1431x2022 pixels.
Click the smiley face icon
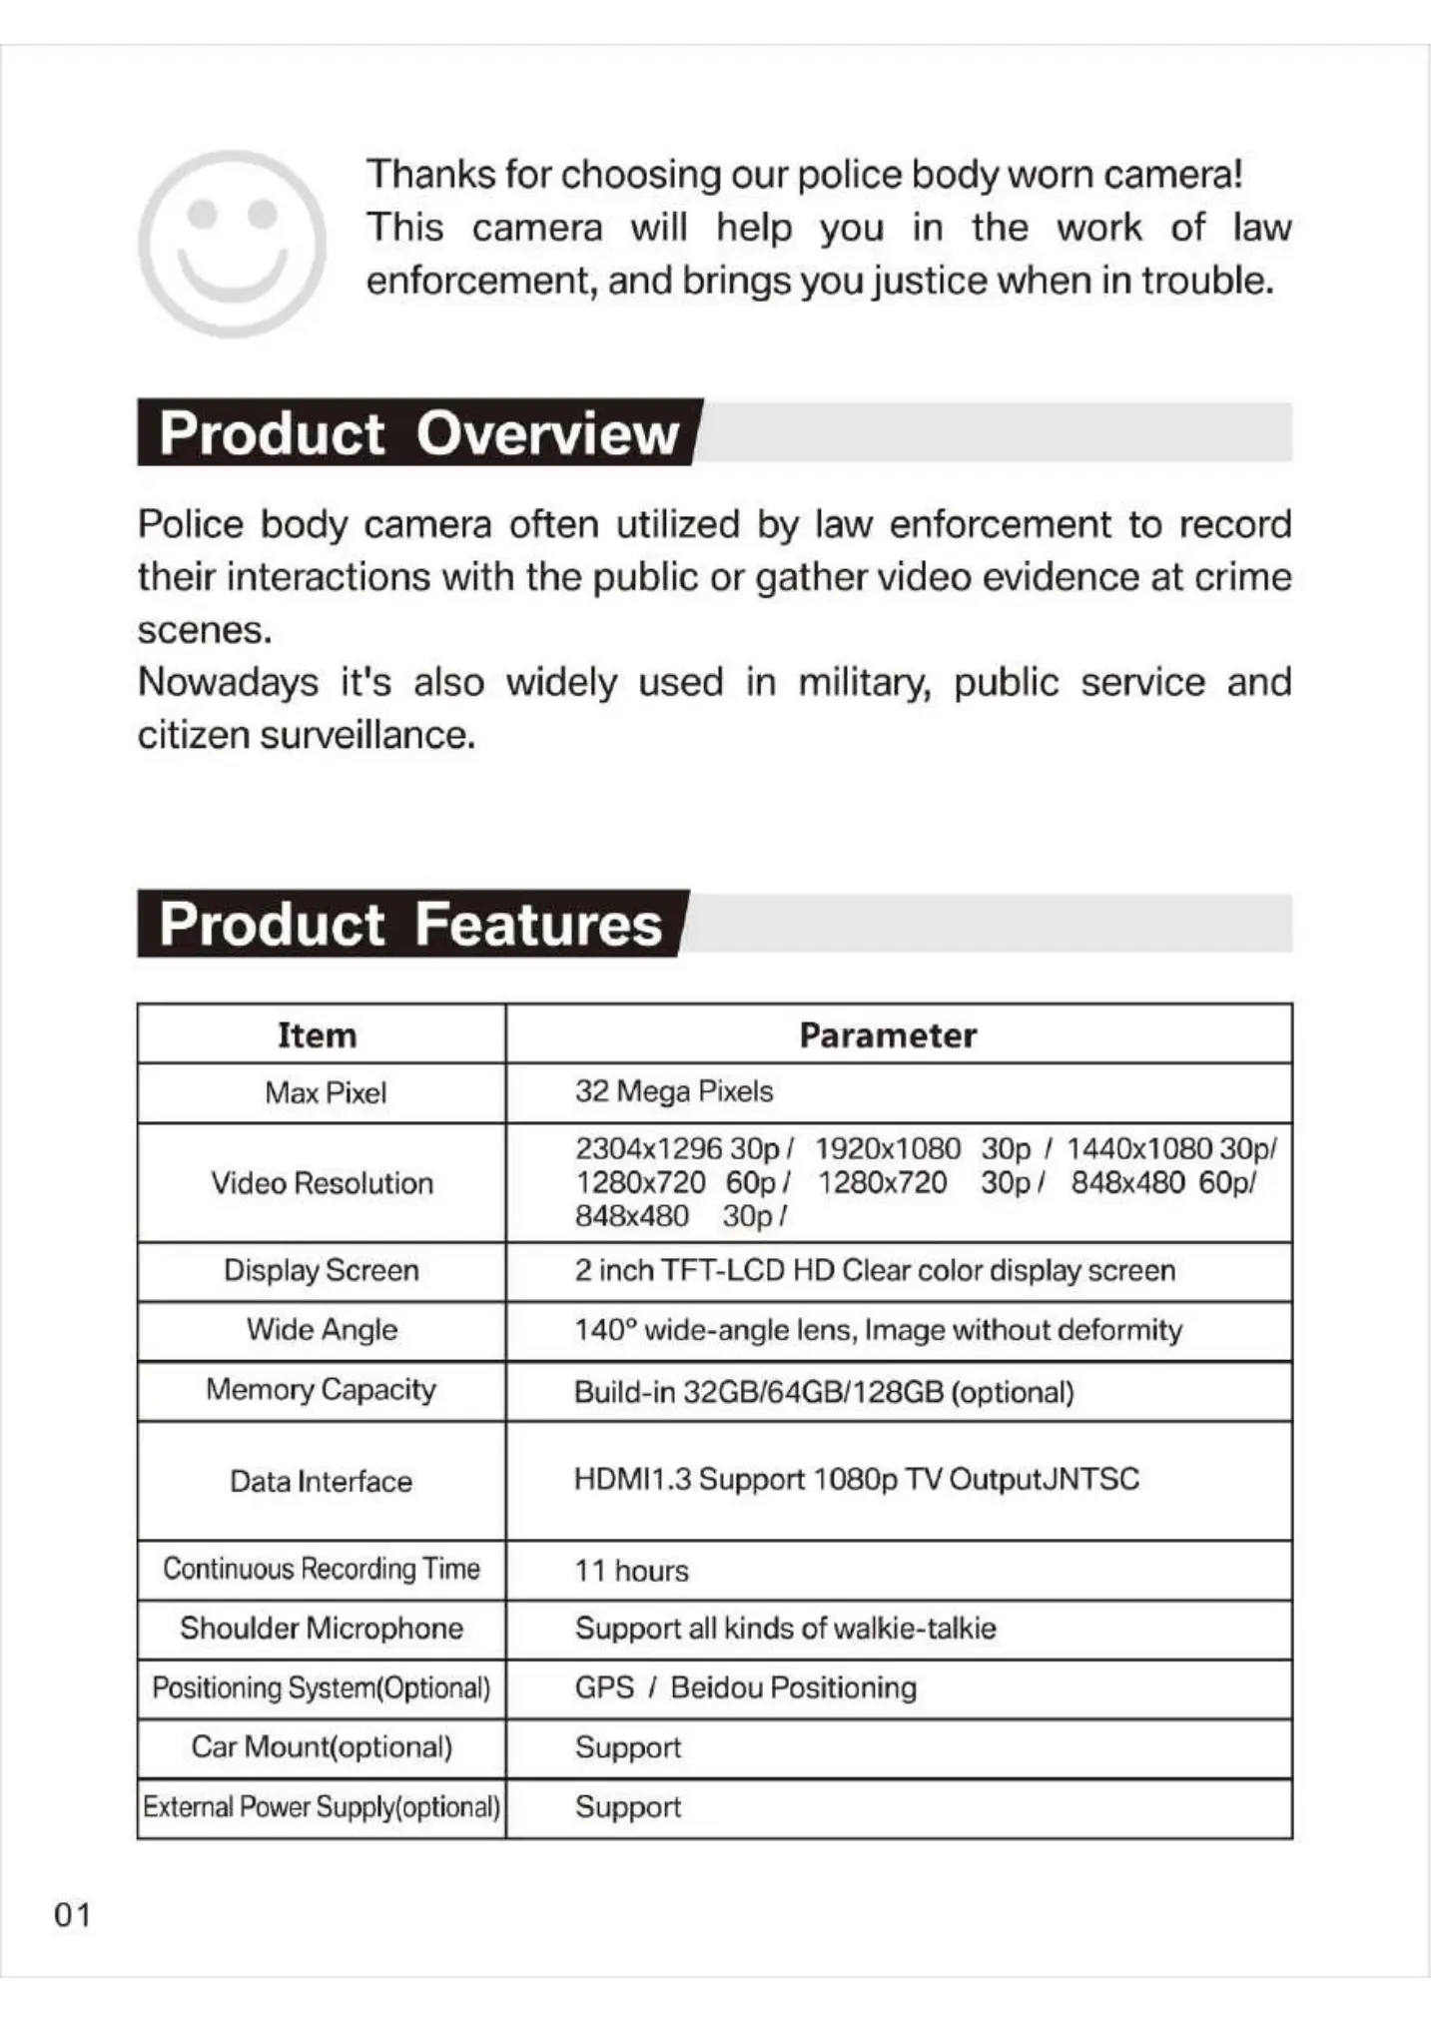pos(232,243)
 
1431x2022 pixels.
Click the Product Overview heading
pos(418,432)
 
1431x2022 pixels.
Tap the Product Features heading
pos(410,923)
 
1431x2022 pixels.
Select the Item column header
pos(318,1034)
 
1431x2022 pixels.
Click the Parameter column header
pos(888,1034)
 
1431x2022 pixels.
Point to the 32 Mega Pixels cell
pos(673,1091)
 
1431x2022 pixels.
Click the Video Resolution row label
pos(322,1183)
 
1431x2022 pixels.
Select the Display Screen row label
pos(322,1270)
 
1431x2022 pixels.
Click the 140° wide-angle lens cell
pos(878,1330)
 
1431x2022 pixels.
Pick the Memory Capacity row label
pos(322,1390)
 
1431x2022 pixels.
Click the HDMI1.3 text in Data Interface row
pos(632,1479)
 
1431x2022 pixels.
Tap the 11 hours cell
pos(631,1571)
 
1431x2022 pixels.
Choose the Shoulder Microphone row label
pos(322,1629)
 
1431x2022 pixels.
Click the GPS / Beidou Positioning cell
pos(745,1687)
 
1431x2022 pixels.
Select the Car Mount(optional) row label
pos(322,1747)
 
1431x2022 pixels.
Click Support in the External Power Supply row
pos(628,1807)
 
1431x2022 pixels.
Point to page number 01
pos(72,1915)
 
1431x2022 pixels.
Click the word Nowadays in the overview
pos(228,683)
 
